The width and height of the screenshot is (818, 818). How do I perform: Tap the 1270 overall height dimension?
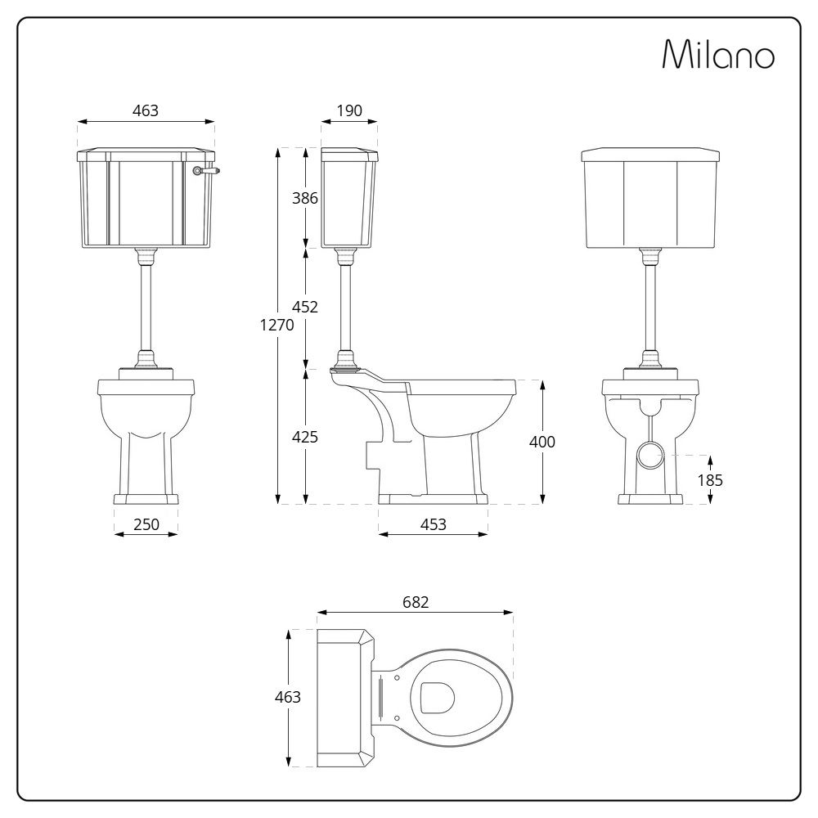pyautogui.click(x=277, y=324)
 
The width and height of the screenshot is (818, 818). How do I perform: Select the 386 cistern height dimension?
pyautogui.click(x=305, y=198)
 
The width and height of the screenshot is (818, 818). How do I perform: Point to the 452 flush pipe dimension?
pyautogui.click(x=305, y=308)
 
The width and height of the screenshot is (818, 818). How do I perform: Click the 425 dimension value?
pyautogui.click(x=305, y=437)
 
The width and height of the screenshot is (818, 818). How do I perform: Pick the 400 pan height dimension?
pyautogui.click(x=542, y=442)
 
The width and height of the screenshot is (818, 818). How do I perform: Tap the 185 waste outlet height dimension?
pyautogui.click(x=710, y=480)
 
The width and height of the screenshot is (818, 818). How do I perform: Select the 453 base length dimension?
pyautogui.click(x=433, y=524)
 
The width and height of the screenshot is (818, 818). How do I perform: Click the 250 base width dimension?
pyautogui.click(x=146, y=524)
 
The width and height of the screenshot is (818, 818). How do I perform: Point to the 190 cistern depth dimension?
pyautogui.click(x=348, y=111)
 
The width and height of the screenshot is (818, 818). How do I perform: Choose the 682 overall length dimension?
pyautogui.click(x=415, y=602)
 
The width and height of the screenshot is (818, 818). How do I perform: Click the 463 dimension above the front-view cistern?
pyautogui.click(x=146, y=111)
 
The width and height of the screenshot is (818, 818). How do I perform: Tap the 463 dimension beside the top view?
pyautogui.click(x=288, y=697)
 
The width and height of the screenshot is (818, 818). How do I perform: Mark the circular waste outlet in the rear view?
pyautogui.click(x=651, y=455)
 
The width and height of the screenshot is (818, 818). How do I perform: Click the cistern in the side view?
pyautogui.click(x=349, y=198)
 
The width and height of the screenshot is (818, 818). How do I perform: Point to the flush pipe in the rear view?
pyautogui.click(x=651, y=307)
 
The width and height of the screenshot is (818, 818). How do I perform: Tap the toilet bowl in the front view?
pyautogui.click(x=146, y=417)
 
